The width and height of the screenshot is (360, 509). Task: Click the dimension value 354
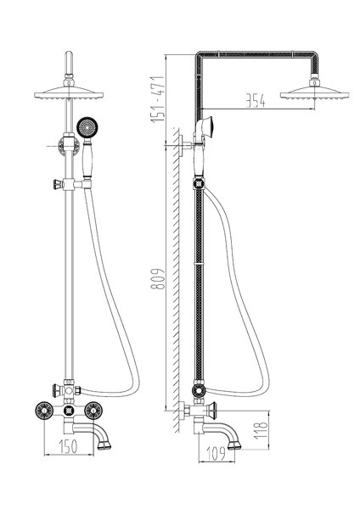[x=255, y=101]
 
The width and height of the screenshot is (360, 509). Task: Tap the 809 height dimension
[x=158, y=278]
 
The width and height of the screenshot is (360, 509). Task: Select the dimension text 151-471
[x=158, y=99]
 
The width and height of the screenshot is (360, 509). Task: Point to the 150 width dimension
[x=68, y=446]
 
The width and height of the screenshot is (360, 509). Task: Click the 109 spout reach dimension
[x=216, y=453]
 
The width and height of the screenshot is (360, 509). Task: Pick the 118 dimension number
[x=261, y=431]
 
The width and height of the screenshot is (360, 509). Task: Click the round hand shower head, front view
[x=87, y=127]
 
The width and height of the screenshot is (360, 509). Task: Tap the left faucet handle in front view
[x=44, y=411]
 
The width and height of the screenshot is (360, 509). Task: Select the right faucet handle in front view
[x=93, y=411]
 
